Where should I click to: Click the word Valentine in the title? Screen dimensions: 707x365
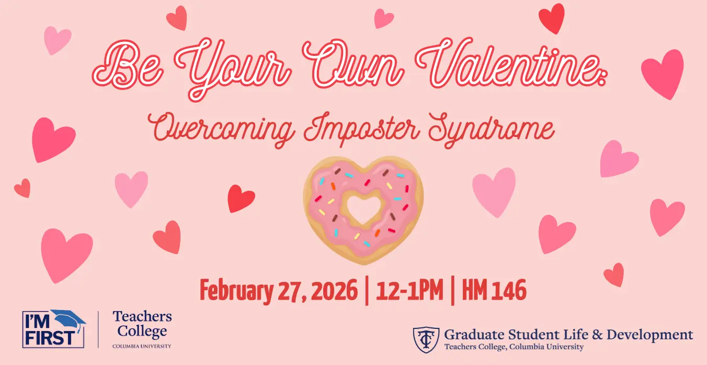pyautogui.click(x=511, y=63)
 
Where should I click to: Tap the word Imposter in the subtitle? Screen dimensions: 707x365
pyautogui.click(x=361, y=130)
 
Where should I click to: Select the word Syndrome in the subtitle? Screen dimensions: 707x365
pyautogui.click(x=491, y=130)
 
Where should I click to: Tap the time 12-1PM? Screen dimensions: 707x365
pyautogui.click(x=409, y=290)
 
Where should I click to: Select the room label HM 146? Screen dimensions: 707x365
pyautogui.click(x=494, y=290)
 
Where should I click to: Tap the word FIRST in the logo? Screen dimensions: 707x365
pyautogui.click(x=50, y=338)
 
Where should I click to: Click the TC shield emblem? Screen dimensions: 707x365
pyautogui.click(x=426, y=340)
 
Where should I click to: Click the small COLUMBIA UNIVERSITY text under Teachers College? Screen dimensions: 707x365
pyautogui.click(x=142, y=346)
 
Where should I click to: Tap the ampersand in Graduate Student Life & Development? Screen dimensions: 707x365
pyautogui.click(x=597, y=335)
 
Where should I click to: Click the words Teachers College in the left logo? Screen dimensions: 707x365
pyautogui.click(x=142, y=324)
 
